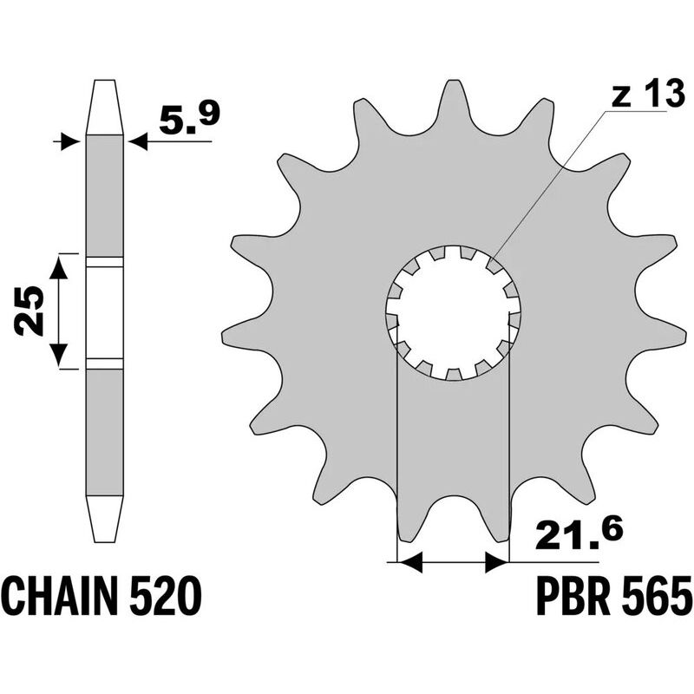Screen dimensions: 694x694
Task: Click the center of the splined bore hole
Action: [452, 313]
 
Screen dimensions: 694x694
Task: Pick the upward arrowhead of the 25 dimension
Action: [58, 266]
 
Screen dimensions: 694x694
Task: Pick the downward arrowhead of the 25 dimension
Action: [58, 354]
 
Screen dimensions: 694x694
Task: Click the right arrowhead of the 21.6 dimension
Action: [496, 564]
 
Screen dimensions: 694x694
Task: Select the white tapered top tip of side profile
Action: [104, 106]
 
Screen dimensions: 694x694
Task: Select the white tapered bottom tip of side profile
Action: [104, 520]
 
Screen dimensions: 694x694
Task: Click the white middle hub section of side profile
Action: [104, 312]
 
